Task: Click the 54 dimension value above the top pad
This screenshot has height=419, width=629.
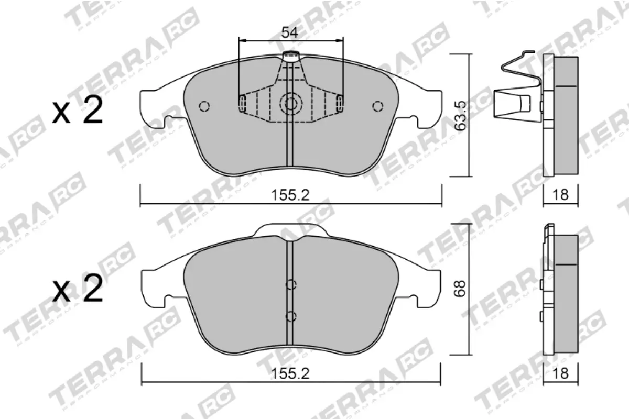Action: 289,32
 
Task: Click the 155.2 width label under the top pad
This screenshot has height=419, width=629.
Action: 290,195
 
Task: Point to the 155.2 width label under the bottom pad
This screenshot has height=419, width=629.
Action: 290,374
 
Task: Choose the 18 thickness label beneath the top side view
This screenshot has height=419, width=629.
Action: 560,195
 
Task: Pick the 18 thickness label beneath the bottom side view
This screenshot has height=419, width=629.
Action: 560,374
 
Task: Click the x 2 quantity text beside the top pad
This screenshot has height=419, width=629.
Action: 77,111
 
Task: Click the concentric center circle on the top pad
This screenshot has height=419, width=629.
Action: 289,104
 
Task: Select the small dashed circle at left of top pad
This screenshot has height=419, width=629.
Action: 204,106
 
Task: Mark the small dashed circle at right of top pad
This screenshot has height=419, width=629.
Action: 377,106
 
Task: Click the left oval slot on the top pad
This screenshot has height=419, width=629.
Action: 242,104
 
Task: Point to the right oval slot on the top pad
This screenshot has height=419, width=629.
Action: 340,104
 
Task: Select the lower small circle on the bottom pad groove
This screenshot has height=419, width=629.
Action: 291,316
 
